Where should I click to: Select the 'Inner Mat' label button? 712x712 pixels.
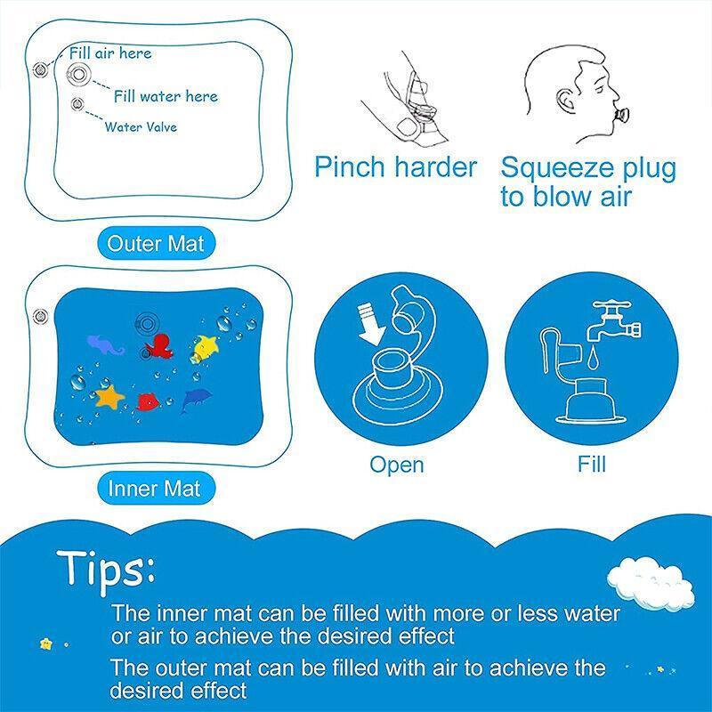pos(155,488)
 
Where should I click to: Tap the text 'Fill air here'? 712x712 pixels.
pos(110,53)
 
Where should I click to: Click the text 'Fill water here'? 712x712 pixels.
pos(166,96)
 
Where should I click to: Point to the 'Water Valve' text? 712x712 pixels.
pos(141,127)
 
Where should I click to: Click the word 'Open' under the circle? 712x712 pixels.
pos(397,464)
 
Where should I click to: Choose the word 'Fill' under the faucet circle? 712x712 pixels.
pos(592,464)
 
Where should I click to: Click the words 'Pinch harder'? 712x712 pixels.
pos(396,166)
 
